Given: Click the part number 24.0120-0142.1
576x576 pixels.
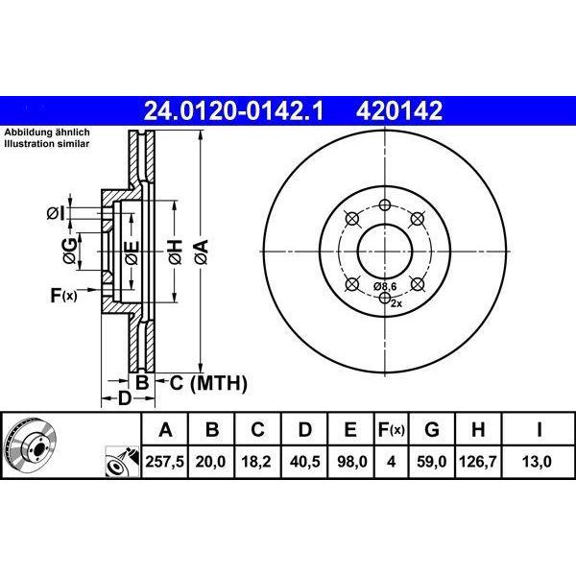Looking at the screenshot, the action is click(233, 111).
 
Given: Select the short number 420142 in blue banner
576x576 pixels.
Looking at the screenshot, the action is click(399, 111).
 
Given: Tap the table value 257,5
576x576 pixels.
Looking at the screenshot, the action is click(164, 462).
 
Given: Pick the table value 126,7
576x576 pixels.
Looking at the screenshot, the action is click(477, 462).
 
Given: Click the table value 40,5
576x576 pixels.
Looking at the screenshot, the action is click(304, 462).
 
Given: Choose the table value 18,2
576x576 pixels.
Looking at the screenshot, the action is click(256, 462).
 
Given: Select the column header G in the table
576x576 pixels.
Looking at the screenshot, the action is click(432, 429).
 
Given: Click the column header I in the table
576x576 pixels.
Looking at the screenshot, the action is click(539, 429).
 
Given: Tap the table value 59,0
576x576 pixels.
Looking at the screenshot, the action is click(432, 462).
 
